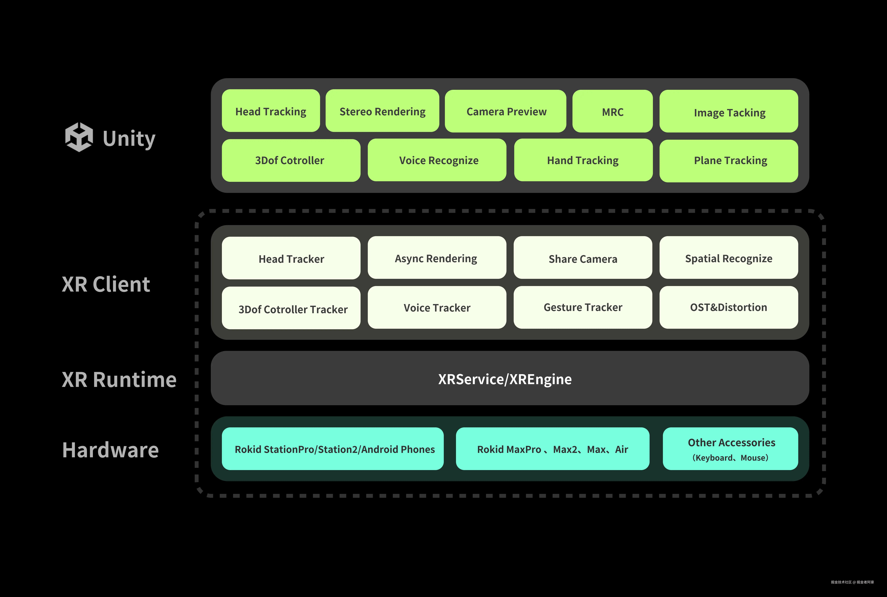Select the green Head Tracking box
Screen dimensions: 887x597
[271, 111]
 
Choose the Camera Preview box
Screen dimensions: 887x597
[506, 111]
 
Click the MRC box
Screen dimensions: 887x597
[613, 111]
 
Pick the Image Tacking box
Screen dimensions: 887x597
[729, 111]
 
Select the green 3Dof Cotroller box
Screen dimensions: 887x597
[291, 160]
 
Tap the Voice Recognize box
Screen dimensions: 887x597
[437, 160]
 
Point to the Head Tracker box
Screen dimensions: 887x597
[291, 258]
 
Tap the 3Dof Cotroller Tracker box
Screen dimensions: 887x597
[291, 308]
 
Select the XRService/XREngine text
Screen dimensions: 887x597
[505, 379]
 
